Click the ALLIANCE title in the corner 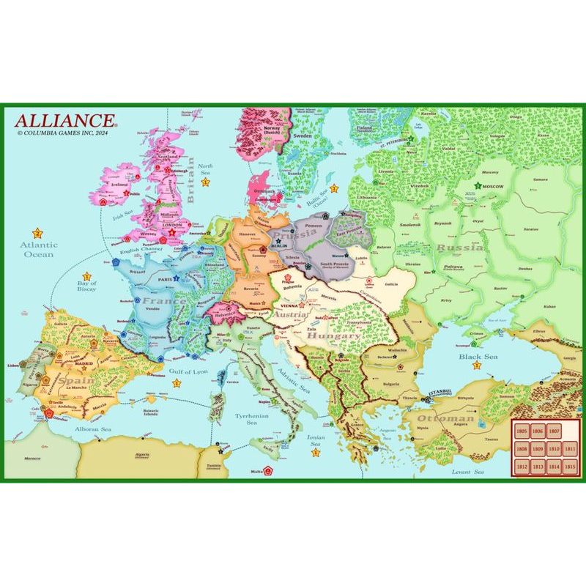pos(64,120)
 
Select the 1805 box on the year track pos(522,432)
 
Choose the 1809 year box pos(538,449)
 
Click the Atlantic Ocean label pos(37,250)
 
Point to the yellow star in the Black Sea pos(477,365)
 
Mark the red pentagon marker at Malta pos(269,470)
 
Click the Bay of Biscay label pos(86,287)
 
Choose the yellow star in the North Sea pos(206,182)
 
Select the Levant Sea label pos(468,473)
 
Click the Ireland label pos(119,187)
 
